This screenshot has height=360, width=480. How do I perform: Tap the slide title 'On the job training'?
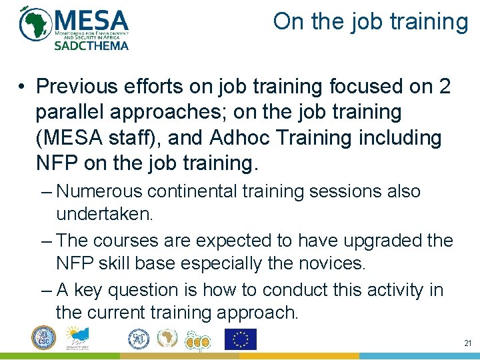(371, 21)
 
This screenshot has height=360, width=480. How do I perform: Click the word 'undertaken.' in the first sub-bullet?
(105, 214)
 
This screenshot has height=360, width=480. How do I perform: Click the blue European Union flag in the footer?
(240, 339)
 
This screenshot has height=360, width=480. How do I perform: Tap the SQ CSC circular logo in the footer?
(44, 338)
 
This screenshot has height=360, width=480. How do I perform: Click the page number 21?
(467, 343)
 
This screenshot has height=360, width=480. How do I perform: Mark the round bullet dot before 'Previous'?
(23, 87)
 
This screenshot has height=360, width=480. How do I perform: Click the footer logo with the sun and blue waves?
(79, 338)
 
